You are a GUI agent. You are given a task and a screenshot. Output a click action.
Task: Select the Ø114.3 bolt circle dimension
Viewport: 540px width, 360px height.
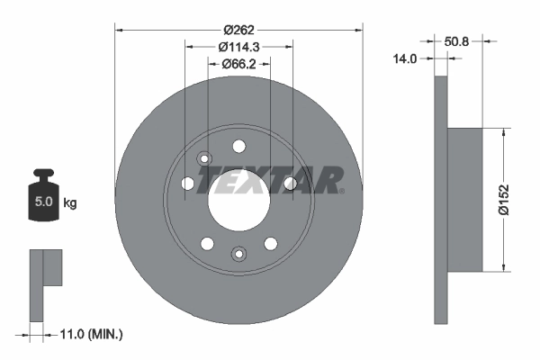(x=238, y=47)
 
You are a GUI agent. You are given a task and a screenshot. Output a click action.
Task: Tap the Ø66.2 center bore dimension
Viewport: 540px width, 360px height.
(x=238, y=63)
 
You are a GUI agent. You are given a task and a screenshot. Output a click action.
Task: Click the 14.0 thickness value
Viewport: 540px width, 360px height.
(x=406, y=59)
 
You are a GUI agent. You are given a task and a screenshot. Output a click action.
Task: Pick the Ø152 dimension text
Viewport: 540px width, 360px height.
(x=506, y=199)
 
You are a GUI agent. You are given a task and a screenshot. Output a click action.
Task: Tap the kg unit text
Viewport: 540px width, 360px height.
(x=70, y=203)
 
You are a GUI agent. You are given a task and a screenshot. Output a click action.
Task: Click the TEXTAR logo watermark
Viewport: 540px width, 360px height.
(x=270, y=180)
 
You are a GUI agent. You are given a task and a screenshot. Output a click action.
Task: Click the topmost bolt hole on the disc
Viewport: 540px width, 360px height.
(x=238, y=147)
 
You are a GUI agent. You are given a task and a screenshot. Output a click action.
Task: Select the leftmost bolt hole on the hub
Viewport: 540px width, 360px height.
(x=187, y=184)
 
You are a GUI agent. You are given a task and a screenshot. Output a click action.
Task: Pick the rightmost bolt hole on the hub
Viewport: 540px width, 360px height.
(x=290, y=184)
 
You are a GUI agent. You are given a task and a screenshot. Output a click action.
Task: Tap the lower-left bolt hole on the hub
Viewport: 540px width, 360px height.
(x=208, y=244)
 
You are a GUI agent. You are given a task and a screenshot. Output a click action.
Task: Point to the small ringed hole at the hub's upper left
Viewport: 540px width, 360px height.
(x=203, y=159)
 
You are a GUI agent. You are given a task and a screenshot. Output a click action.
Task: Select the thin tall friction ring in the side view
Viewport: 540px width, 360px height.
(x=440, y=200)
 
